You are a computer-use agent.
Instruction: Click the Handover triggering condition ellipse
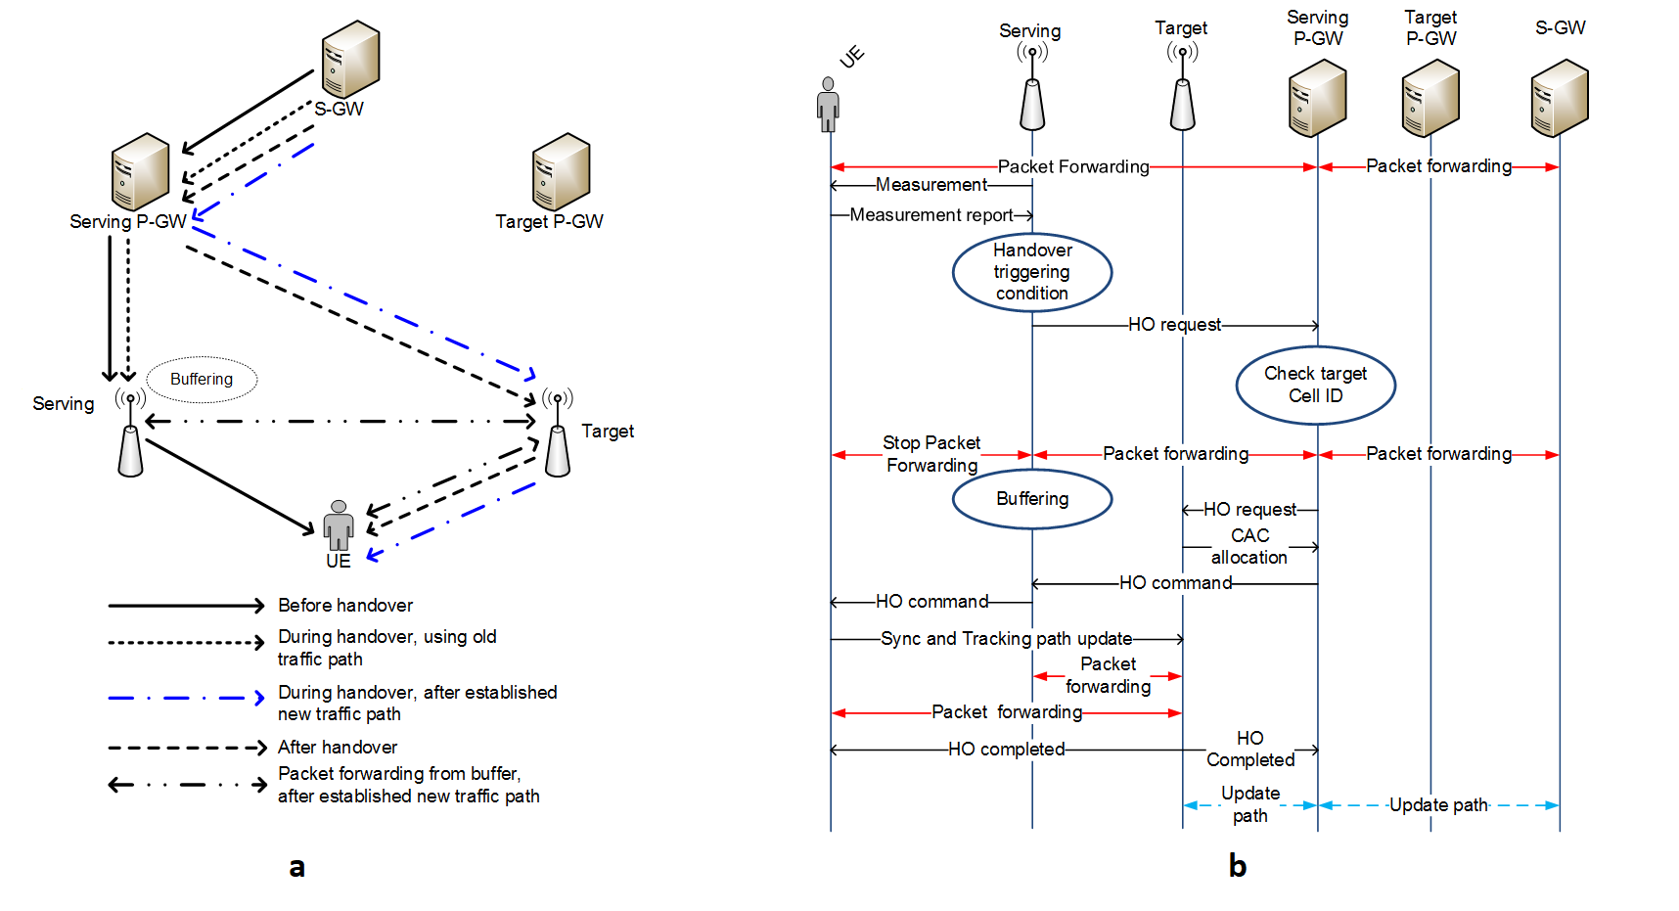(x=1031, y=272)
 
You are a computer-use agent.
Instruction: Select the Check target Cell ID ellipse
(x=1315, y=385)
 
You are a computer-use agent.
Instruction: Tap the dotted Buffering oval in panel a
(x=202, y=380)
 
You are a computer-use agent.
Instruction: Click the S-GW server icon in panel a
(x=350, y=59)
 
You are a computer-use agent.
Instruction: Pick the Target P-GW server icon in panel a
(x=561, y=171)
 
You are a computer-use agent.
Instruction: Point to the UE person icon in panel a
(x=339, y=525)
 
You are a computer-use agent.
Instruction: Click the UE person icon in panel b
(x=828, y=104)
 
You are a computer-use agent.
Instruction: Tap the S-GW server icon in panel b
(x=1559, y=98)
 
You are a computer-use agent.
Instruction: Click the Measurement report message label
(x=930, y=215)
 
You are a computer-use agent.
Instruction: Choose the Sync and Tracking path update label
(x=1006, y=639)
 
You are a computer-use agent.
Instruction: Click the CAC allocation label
(x=1249, y=547)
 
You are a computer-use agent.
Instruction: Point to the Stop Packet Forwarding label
(x=931, y=454)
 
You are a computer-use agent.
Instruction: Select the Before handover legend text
(x=344, y=606)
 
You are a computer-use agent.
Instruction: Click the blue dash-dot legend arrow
(x=186, y=698)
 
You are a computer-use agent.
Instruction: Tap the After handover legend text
(x=337, y=748)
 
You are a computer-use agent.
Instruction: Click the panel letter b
(x=1237, y=866)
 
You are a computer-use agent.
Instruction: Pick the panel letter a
(x=296, y=867)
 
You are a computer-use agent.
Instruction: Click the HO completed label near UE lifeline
(x=1006, y=750)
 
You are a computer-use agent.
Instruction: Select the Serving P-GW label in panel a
(x=127, y=222)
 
